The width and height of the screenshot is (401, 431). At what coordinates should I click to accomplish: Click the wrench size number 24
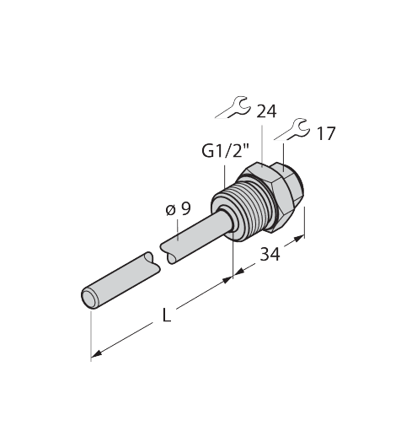click(x=266, y=111)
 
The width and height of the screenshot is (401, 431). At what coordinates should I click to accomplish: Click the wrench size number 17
click(x=326, y=133)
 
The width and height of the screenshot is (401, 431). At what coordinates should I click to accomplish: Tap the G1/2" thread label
click(x=226, y=151)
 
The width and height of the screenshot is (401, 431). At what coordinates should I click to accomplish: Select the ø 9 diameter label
click(x=178, y=209)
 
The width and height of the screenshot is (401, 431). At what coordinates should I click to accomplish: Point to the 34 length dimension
click(x=270, y=255)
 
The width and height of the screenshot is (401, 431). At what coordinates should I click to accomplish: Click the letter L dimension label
click(x=167, y=315)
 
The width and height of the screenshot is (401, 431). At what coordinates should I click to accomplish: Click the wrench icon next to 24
click(x=233, y=107)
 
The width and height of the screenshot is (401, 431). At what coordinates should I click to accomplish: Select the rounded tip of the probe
click(x=90, y=298)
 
